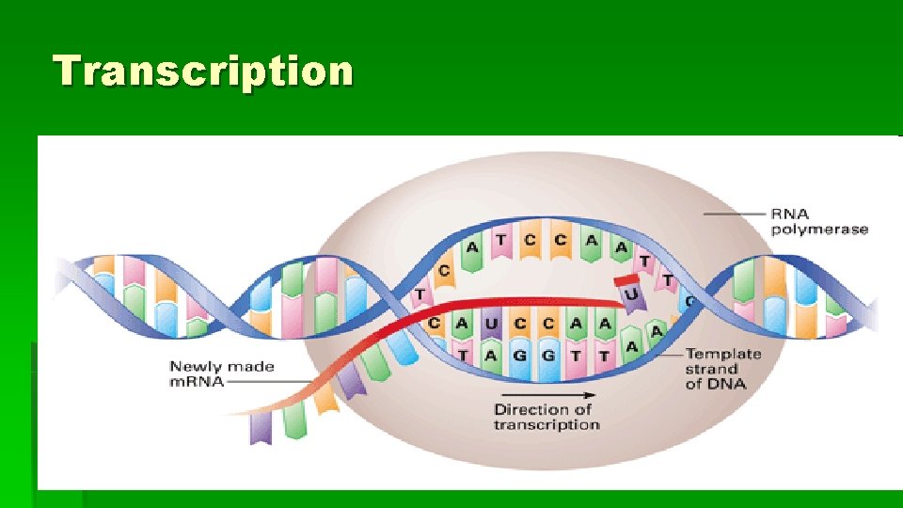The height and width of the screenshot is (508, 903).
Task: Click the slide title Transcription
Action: click(x=203, y=71)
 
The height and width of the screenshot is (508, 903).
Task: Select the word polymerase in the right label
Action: click(x=819, y=229)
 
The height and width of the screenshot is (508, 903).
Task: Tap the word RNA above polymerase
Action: click(x=789, y=214)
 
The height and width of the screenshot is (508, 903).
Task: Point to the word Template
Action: click(x=722, y=354)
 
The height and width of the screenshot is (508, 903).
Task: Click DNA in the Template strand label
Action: click(x=730, y=384)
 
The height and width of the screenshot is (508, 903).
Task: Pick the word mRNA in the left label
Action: click(x=197, y=382)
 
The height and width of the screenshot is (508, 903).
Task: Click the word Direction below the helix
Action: click(x=532, y=409)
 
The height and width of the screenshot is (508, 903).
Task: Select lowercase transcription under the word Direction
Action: click(x=546, y=424)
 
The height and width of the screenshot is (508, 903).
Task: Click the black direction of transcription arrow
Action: click(x=546, y=394)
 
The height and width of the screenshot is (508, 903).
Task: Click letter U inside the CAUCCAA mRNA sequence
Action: click(x=489, y=324)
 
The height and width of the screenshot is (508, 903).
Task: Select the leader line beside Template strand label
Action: click(x=670, y=355)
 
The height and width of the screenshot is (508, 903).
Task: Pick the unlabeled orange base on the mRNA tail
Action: click(x=325, y=399)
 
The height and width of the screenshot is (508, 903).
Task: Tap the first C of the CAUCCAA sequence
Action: click(x=436, y=324)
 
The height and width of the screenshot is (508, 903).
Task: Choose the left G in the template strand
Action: click(x=518, y=354)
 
